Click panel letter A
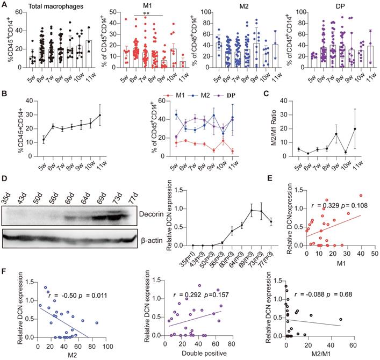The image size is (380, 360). click(4, 4)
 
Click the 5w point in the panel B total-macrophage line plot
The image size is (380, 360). click(44, 140)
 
